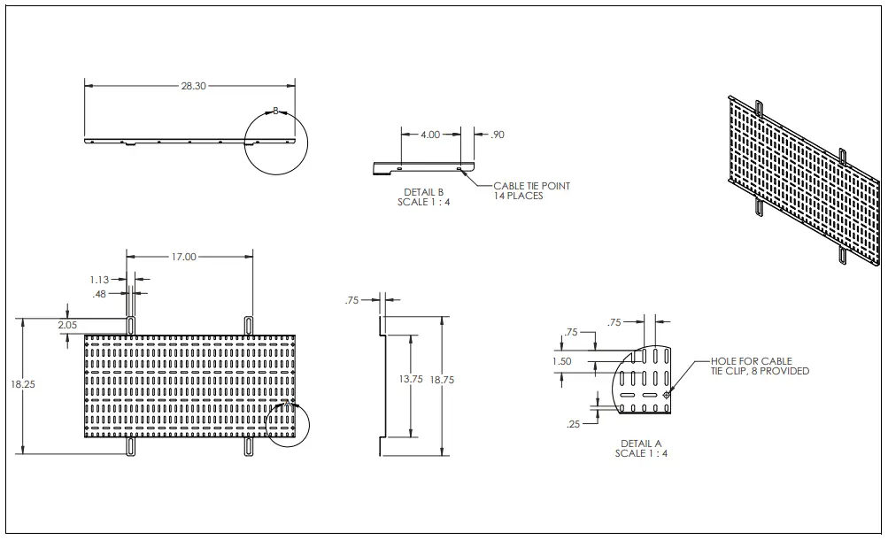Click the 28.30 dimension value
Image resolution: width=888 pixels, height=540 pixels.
coord(193,86)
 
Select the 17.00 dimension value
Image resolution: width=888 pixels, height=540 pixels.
coord(184,257)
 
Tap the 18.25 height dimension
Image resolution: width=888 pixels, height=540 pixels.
coord(24,385)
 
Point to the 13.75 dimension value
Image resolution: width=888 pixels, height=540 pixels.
coord(410,379)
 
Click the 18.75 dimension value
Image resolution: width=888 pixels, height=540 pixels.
coord(442,379)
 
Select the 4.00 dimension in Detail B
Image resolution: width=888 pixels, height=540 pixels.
coord(429,135)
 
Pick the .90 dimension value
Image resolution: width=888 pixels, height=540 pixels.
coord(497,135)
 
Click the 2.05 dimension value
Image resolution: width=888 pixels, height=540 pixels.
coord(67,325)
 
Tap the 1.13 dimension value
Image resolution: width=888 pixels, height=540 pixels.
coord(99,280)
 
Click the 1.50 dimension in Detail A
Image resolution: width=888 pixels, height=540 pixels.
coord(561,361)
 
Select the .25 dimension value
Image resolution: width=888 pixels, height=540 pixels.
coord(573,425)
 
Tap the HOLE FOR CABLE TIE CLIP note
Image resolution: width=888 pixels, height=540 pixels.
coord(760,366)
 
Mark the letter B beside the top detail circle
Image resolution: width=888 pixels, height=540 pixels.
coord(275,111)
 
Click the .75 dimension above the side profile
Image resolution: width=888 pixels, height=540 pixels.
coord(352,301)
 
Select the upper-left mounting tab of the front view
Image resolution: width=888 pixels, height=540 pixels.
coord(131,324)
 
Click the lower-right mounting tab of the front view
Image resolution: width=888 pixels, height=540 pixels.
coord(249,448)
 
